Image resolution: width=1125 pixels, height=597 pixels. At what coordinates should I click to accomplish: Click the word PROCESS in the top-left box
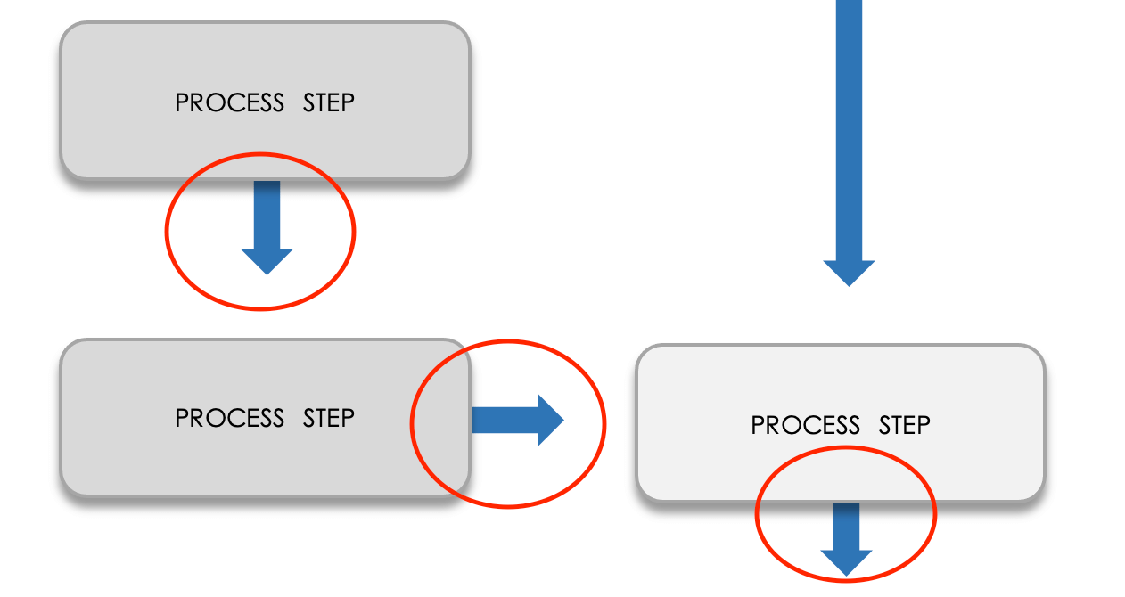tap(229, 103)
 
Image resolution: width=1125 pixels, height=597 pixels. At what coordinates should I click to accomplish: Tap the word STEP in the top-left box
tap(328, 103)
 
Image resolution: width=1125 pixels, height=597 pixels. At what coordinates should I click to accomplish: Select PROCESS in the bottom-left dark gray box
tap(229, 418)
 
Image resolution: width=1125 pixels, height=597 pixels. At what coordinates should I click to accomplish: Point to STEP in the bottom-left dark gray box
tap(328, 418)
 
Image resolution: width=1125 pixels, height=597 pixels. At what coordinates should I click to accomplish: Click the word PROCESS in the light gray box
tap(805, 426)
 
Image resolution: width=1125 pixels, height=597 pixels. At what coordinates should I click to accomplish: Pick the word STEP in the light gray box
tap(904, 426)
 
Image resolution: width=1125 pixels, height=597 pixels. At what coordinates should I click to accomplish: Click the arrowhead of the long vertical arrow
tap(849, 271)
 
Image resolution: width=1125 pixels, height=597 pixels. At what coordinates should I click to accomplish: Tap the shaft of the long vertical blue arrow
tap(849, 125)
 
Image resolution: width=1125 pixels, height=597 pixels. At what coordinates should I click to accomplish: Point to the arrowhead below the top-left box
tap(267, 260)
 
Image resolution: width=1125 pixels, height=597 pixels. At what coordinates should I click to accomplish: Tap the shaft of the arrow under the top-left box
tap(267, 214)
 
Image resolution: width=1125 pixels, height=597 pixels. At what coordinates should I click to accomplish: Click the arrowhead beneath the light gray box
tap(846, 561)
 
